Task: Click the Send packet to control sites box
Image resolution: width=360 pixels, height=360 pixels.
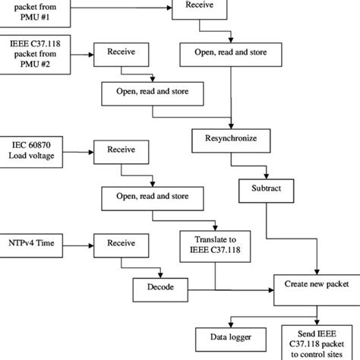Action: click(319, 338)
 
